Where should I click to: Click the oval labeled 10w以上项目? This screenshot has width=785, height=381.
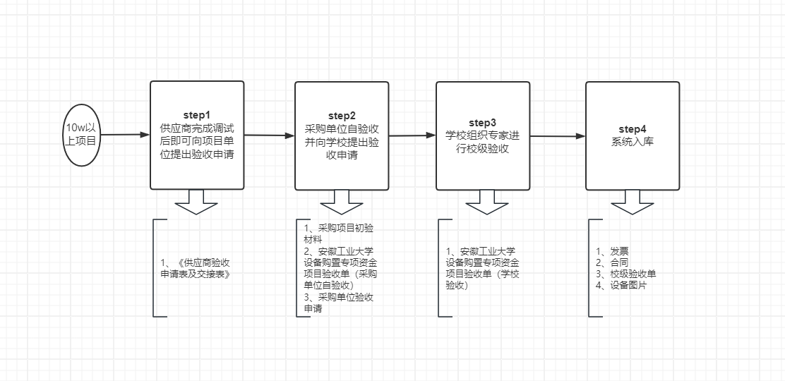[82, 135]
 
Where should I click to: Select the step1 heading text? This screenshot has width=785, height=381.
[197, 114]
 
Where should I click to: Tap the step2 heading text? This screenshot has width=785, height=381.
[342, 116]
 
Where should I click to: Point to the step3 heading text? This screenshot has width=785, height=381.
[483, 123]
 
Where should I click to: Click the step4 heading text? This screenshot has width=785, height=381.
[633, 128]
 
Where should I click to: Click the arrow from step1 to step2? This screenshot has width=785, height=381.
[269, 135]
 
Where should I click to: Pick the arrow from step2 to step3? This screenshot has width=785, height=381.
[412, 135]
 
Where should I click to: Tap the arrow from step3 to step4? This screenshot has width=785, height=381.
[558, 136]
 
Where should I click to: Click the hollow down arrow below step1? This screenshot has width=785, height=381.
[197, 202]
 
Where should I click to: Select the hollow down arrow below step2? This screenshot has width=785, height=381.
[342, 202]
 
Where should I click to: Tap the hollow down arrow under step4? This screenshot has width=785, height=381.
[633, 202]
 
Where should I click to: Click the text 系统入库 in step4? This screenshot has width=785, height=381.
[633, 141]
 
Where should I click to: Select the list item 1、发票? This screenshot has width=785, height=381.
[613, 251]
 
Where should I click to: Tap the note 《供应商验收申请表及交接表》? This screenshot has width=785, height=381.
[197, 268]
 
